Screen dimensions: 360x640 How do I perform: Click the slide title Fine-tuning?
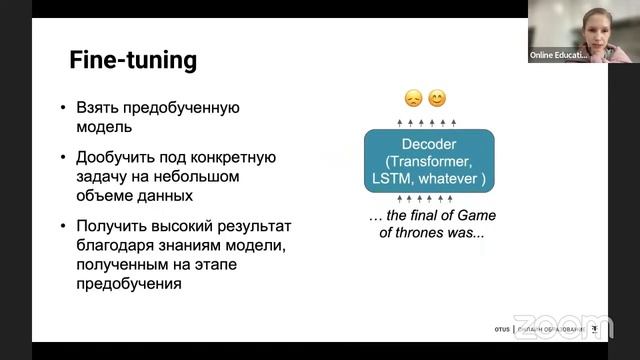(133, 60)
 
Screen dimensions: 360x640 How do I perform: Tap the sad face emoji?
(413, 99)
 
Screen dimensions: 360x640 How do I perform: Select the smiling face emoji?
(437, 99)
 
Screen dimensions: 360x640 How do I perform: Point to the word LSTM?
(394, 179)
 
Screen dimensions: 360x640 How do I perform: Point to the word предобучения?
(129, 283)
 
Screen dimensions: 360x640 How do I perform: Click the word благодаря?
(118, 245)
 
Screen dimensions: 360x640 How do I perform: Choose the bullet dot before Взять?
(63, 108)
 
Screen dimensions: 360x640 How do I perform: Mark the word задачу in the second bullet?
(102, 176)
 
